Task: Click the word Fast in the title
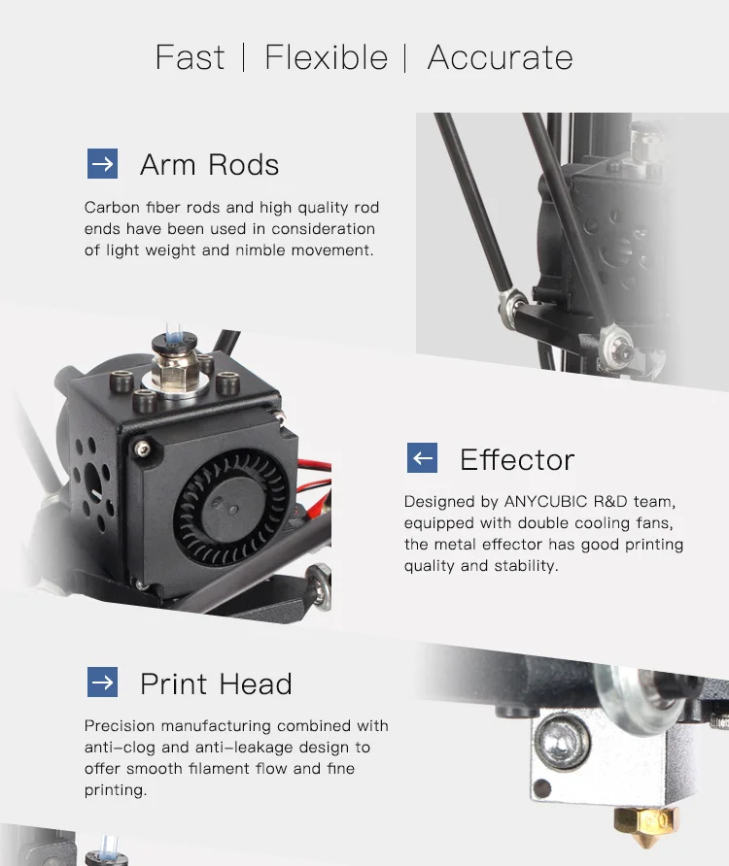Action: coord(190,57)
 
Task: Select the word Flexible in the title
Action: coord(327,57)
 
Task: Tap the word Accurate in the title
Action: coord(500,57)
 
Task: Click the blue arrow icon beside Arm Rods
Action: coord(102,163)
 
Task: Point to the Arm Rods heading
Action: coord(210,165)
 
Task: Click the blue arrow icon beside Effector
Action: coord(422,458)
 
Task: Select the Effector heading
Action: coord(517,459)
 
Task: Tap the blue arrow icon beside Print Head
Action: coord(102,683)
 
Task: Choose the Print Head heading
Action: coord(216,683)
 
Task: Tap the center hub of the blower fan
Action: coord(230,509)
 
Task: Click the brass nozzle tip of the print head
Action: coord(645,828)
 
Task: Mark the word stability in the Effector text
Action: coord(526,566)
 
